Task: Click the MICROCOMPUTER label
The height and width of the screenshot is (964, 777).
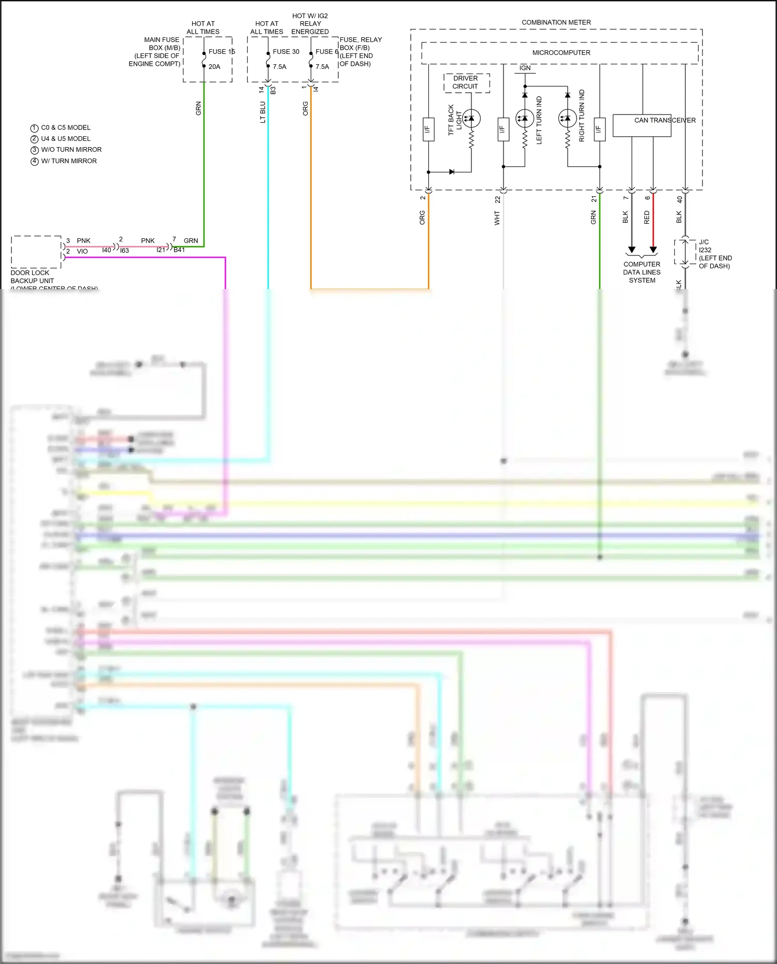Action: pos(561,53)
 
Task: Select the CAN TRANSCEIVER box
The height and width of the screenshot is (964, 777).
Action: pos(642,126)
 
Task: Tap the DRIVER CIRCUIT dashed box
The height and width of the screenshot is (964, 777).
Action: pos(466,83)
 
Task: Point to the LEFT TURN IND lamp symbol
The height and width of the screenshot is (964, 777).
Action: pos(525,119)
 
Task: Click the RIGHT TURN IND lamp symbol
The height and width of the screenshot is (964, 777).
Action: pos(567,119)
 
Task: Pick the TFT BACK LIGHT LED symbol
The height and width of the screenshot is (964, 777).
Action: pos(471,119)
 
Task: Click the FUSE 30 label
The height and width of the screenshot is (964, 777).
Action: pos(286,52)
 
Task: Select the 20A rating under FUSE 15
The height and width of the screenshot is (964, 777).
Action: pos(214,67)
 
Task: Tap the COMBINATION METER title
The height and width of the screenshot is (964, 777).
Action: pos(556,23)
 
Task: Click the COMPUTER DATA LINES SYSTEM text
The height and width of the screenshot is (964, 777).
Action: pos(642,272)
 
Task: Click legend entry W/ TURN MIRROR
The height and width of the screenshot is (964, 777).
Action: pos(69,161)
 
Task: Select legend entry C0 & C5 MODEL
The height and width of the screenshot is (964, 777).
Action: pos(66,128)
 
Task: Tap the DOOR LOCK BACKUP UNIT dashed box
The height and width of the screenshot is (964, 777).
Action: pos(36,252)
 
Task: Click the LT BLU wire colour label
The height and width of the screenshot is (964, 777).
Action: pos(263,112)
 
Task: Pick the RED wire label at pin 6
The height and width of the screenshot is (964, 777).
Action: pos(646,218)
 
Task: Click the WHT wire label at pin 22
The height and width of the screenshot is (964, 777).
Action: pos(497,218)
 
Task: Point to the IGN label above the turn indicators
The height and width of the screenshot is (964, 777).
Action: pos(525,68)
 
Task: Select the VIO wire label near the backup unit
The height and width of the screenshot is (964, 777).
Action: pos(82,251)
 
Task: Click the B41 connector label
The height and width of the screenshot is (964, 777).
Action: pos(179,250)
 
